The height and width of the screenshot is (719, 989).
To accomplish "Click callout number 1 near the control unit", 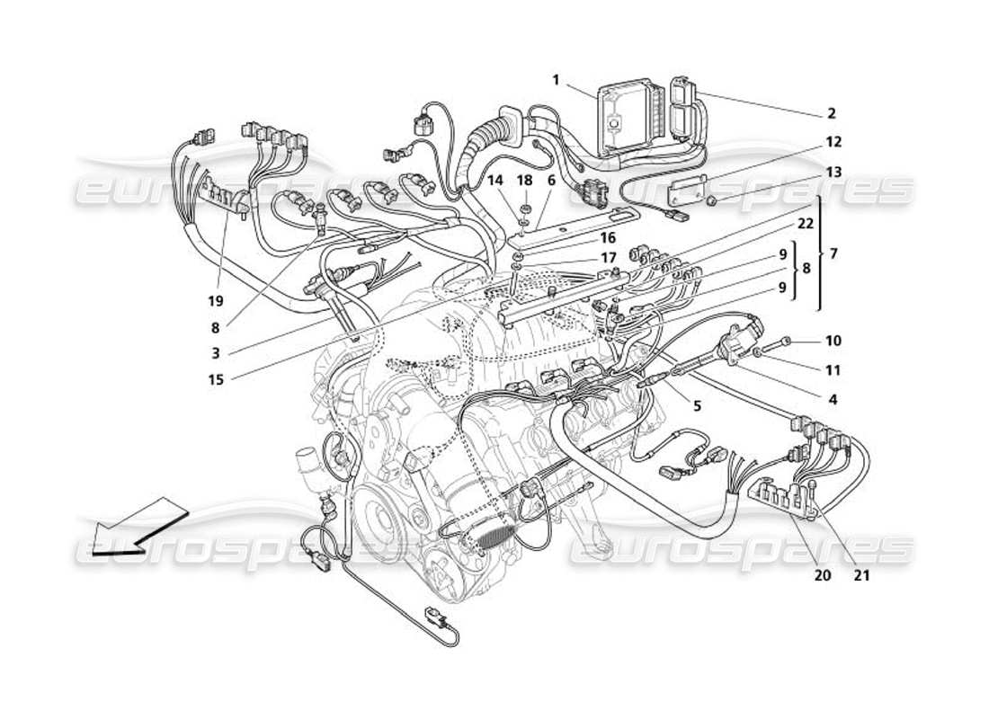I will tap(556, 80).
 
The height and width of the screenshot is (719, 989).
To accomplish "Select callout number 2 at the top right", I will tap(831, 114).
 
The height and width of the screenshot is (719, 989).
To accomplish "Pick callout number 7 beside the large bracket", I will tap(833, 254).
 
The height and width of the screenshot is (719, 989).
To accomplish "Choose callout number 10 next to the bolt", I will tap(833, 342).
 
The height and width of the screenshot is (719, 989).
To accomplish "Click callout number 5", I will tap(697, 404).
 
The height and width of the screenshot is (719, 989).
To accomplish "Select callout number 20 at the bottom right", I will tap(822, 576).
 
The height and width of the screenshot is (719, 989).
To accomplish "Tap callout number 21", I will tap(861, 576).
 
